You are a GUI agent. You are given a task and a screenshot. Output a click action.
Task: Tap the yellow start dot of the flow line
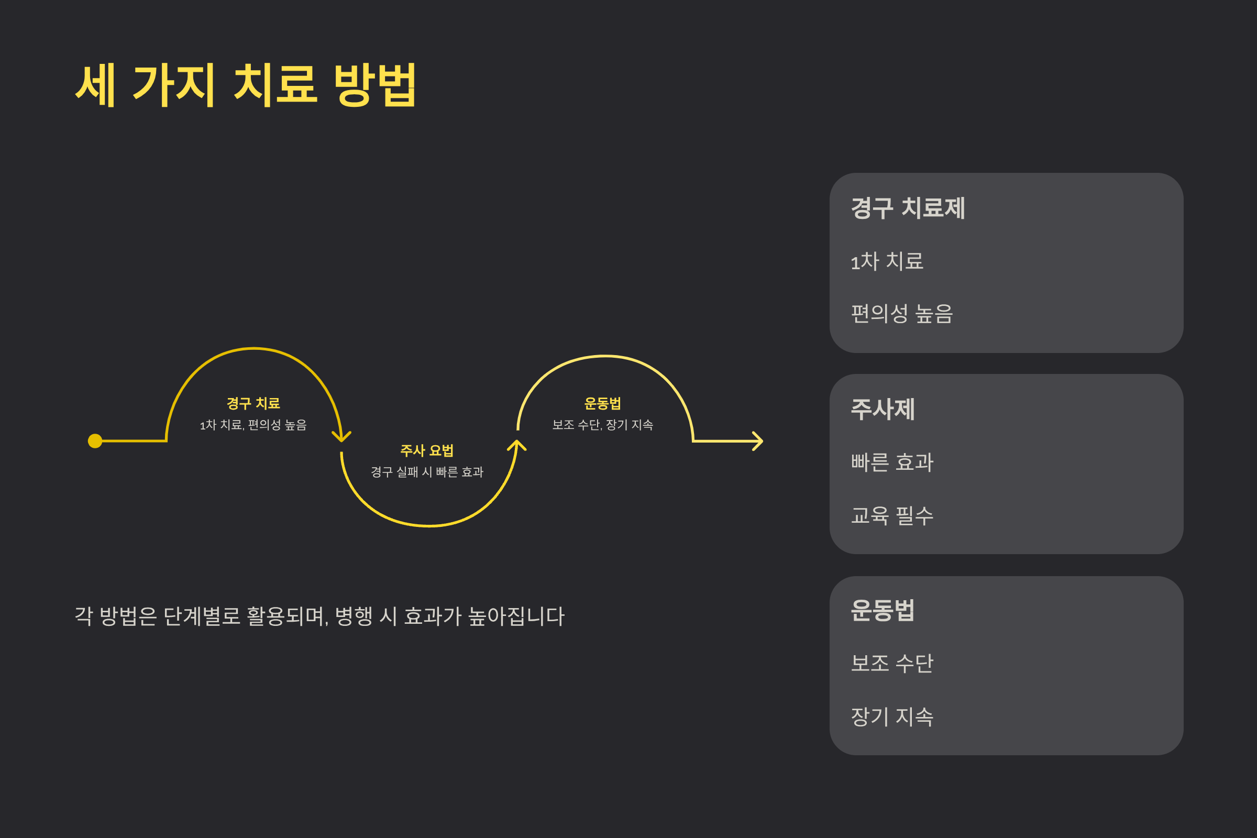(x=95, y=441)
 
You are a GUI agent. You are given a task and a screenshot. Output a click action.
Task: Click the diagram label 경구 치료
(x=253, y=403)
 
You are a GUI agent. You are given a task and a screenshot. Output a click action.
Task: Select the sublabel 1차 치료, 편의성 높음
(x=253, y=425)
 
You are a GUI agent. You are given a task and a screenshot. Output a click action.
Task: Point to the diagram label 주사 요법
(x=427, y=450)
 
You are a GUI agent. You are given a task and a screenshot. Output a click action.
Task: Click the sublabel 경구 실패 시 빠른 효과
(x=427, y=472)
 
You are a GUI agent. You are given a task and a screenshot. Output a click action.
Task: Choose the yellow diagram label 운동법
(x=602, y=403)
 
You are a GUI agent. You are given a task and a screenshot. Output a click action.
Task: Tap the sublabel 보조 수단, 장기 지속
(x=602, y=425)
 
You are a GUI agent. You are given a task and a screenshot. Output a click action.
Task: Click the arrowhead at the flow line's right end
(x=758, y=441)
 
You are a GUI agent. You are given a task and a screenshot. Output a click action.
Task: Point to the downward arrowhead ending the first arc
(x=341, y=437)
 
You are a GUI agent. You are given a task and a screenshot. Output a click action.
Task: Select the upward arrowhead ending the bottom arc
(x=517, y=445)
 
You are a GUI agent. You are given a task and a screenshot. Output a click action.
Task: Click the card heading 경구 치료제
(x=908, y=208)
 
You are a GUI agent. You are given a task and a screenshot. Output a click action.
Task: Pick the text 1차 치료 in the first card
(x=887, y=261)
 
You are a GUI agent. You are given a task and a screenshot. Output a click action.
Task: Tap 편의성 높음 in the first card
(x=901, y=314)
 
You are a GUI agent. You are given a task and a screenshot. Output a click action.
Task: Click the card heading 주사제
(x=883, y=410)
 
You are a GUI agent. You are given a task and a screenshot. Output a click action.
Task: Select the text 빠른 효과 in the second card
(x=892, y=462)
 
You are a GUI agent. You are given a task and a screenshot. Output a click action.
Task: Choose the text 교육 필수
(x=892, y=516)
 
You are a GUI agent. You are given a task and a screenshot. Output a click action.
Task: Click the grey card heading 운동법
(x=883, y=610)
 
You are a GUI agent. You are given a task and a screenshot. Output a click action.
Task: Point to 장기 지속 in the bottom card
(x=892, y=716)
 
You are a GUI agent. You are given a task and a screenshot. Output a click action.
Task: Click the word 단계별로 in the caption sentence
(x=202, y=616)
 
